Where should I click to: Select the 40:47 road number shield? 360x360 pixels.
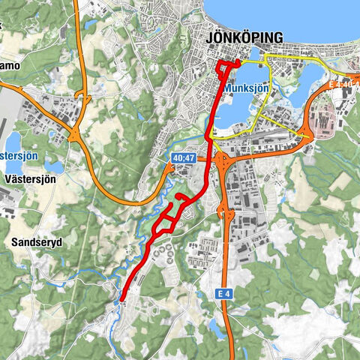(x=183, y=158)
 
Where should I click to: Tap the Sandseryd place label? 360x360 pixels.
(x=37, y=242)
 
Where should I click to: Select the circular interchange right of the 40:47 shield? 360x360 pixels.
(x=222, y=160)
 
